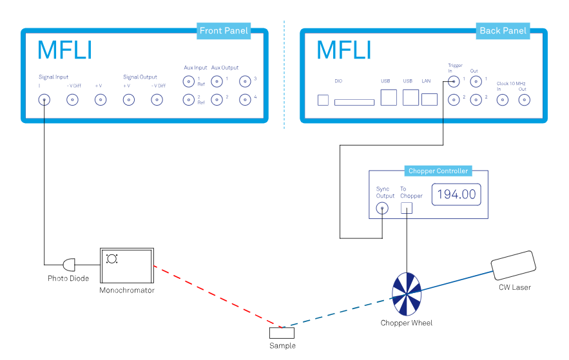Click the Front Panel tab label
[224, 31]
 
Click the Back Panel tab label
[503, 31]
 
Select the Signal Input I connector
[44, 99]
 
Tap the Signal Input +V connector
[101, 99]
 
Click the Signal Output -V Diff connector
[157, 99]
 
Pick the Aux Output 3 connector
[245, 81]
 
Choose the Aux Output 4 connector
[245, 99]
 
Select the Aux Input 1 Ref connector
[188, 81]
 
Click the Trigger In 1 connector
[454, 81]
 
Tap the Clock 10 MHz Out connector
[525, 99]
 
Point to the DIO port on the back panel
[354, 102]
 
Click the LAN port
[429, 99]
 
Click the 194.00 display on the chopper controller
[456, 193]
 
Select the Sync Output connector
[382, 208]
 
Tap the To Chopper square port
[407, 207]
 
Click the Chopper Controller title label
[439, 171]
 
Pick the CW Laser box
[512, 264]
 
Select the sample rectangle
[282, 333]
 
